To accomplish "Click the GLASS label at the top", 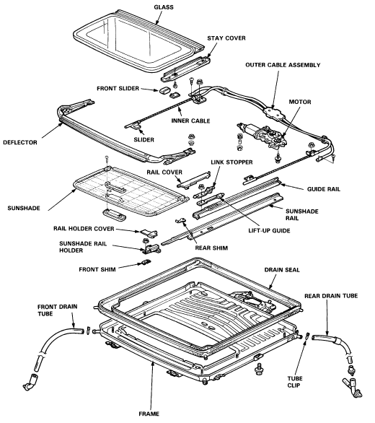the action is [164, 7].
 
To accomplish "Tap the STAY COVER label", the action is [226, 38].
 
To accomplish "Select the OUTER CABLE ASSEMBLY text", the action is [283, 65].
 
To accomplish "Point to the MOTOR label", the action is [300, 102].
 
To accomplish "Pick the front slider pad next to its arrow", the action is [164, 90].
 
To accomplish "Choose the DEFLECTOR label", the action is [20, 142].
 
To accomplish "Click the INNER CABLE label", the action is [190, 121].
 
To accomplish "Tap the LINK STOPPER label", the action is [231, 162].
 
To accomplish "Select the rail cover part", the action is [193, 180].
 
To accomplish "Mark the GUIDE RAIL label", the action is [324, 189].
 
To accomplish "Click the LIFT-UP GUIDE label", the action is [269, 231].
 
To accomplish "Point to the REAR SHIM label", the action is [211, 248].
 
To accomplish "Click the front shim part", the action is [146, 262].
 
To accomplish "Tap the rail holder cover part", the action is [149, 232].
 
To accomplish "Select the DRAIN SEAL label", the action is [282, 270].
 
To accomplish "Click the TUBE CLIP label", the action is [295, 382].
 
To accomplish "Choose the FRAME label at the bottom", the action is [149, 414].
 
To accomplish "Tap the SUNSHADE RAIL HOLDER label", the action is [83, 247].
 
